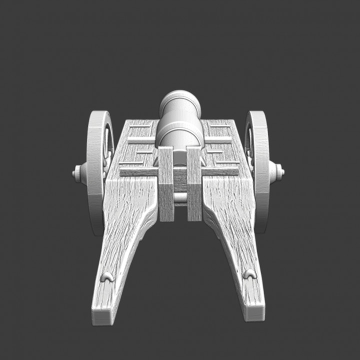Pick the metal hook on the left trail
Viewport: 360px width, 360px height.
(x=106, y=276)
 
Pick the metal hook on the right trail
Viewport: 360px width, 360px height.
(x=249, y=274)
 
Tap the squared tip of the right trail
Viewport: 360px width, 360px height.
(x=254, y=312)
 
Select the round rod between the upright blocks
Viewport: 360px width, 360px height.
(x=180, y=198)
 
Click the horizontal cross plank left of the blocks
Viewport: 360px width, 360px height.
(x=138, y=171)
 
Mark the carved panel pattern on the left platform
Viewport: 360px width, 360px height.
(x=135, y=145)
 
